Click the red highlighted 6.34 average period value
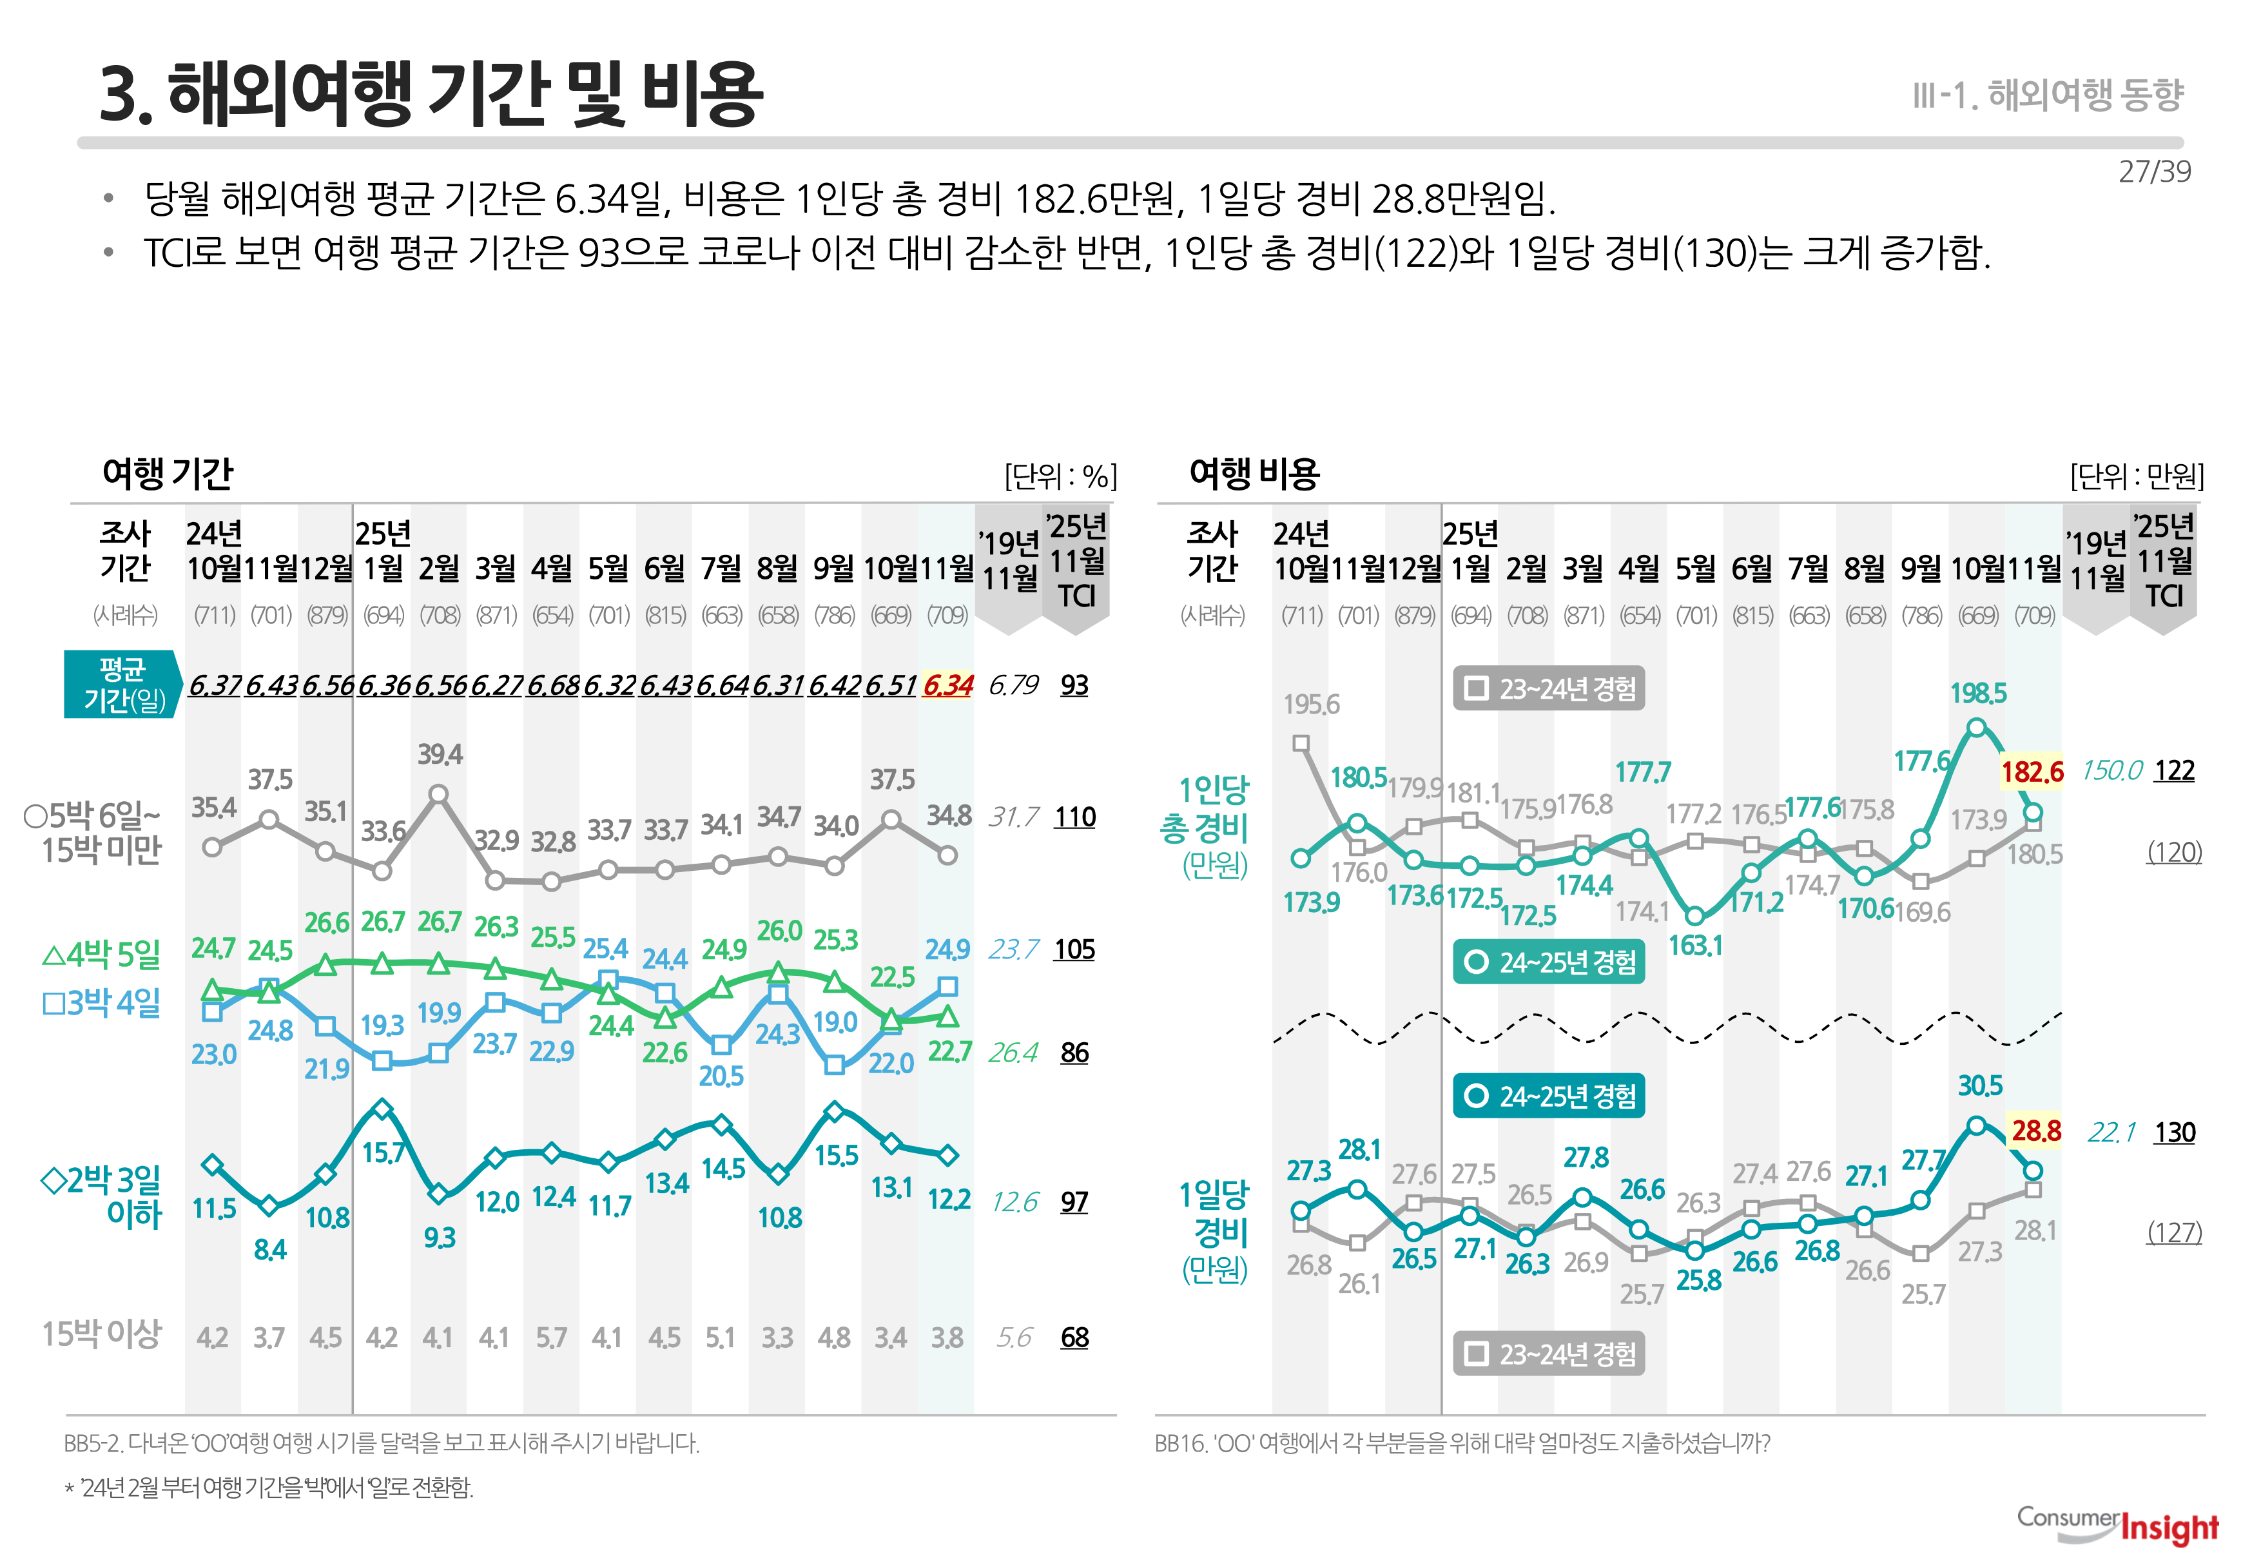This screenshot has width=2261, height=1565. [x=947, y=685]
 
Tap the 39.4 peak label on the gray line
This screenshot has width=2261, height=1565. [x=440, y=754]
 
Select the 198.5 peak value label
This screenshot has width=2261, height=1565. [x=1977, y=694]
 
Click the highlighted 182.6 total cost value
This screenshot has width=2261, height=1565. [x=2032, y=772]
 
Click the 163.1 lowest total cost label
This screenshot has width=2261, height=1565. [x=1695, y=946]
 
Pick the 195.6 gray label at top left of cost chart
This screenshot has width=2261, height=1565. [x=1311, y=704]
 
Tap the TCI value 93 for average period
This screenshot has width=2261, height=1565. [x=1074, y=685]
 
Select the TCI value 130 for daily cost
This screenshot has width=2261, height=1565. [x=2174, y=1132]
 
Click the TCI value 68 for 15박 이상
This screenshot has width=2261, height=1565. [x=1074, y=1337]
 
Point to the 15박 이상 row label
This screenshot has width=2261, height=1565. [x=101, y=1334]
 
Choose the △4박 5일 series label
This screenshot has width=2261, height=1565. [x=101, y=953]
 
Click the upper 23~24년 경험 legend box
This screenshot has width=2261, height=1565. [x=1548, y=688]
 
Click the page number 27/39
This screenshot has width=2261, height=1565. [x=2154, y=171]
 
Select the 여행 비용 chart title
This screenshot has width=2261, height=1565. [x=1254, y=474]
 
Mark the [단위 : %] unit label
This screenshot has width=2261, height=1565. [x=1060, y=476]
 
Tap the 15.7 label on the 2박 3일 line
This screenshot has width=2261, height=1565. [x=383, y=1152]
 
